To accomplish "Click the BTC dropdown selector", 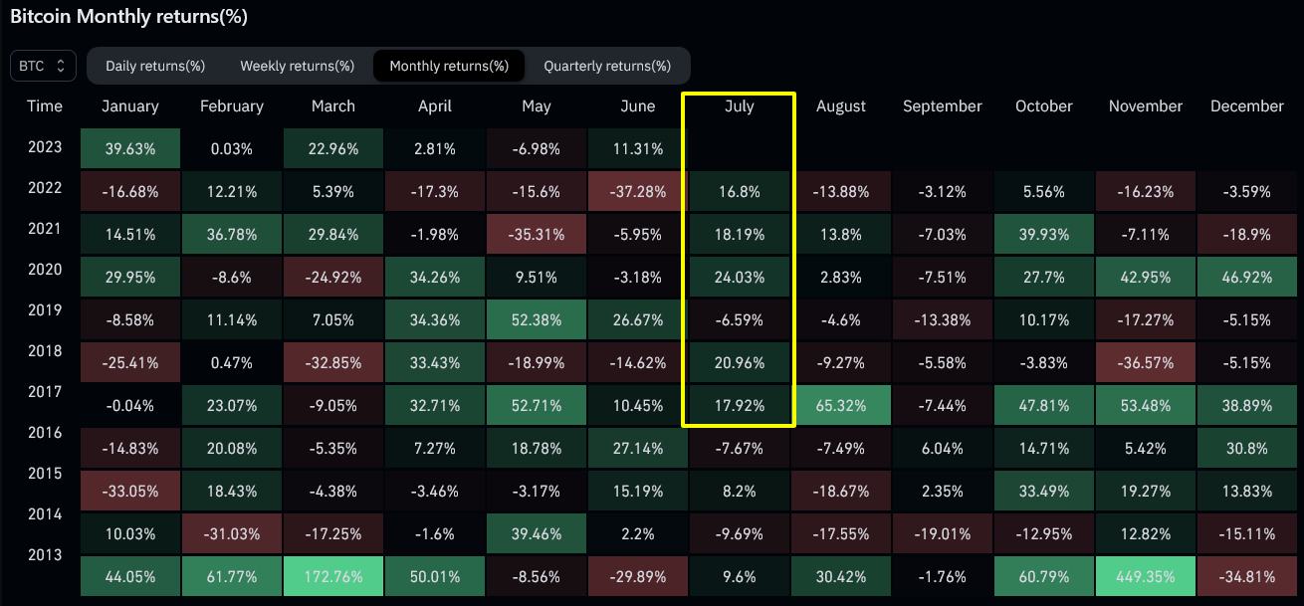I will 43,66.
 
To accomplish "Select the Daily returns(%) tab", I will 155,66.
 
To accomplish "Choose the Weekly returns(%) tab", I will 297,66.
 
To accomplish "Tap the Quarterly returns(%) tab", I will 607,66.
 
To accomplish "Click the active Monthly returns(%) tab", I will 449,66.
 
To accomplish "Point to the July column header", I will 740,106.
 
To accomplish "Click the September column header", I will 943,106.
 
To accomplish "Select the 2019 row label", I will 45,310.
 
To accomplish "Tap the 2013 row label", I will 45,555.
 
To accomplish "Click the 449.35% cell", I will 1146,575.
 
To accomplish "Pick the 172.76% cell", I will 333,575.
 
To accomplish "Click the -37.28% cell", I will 638,190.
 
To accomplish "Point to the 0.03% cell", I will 232,149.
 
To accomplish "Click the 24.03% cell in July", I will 740,278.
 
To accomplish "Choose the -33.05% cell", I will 130,492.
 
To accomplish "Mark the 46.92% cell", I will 1247,278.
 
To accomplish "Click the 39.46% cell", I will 537,534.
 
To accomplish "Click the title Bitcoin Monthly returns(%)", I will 129,17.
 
